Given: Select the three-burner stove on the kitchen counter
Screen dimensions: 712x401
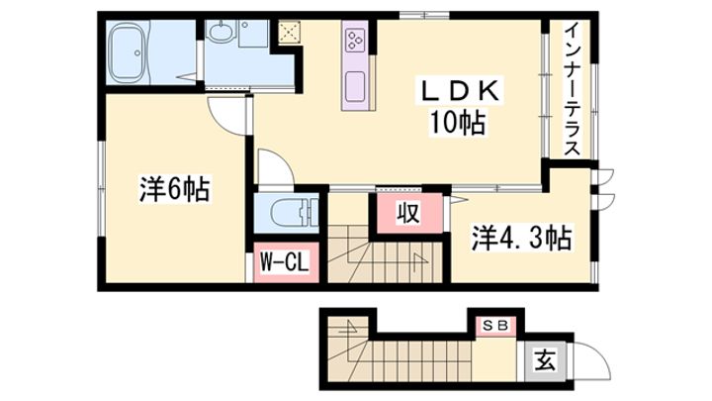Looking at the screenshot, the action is tap(355, 40).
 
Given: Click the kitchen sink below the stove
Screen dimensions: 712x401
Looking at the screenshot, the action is tap(355, 86).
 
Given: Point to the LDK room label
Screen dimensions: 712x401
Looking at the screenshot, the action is tap(460, 91).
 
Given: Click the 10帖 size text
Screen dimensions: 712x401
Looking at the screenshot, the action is tap(458, 123).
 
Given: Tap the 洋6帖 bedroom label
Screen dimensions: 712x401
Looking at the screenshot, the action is tap(175, 190).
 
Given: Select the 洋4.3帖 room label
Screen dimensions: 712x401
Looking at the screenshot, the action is tap(521, 238).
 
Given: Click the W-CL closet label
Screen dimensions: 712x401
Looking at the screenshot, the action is tap(285, 262).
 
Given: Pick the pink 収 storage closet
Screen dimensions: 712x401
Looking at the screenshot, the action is tap(409, 213).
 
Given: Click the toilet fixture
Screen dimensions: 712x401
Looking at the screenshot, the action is tap(295, 213).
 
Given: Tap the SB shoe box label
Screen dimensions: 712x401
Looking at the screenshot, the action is tap(495, 326).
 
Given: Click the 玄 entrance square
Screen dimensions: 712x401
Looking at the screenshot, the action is tap(544, 360).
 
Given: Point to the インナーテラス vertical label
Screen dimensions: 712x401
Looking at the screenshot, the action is tap(573, 89).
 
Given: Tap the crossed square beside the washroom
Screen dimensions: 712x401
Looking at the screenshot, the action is tap(289, 33).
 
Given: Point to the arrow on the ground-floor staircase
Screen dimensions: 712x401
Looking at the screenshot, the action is tap(350, 327).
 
